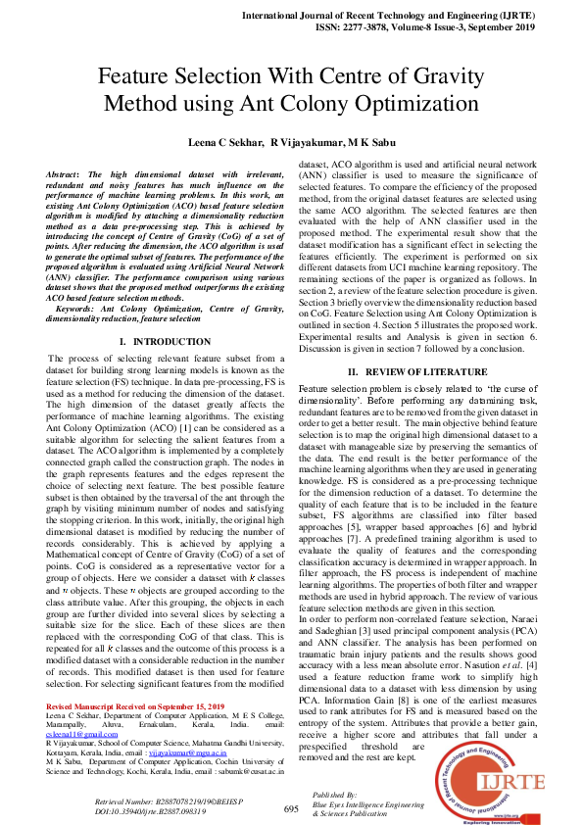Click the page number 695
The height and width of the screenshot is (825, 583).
pos(291,808)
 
